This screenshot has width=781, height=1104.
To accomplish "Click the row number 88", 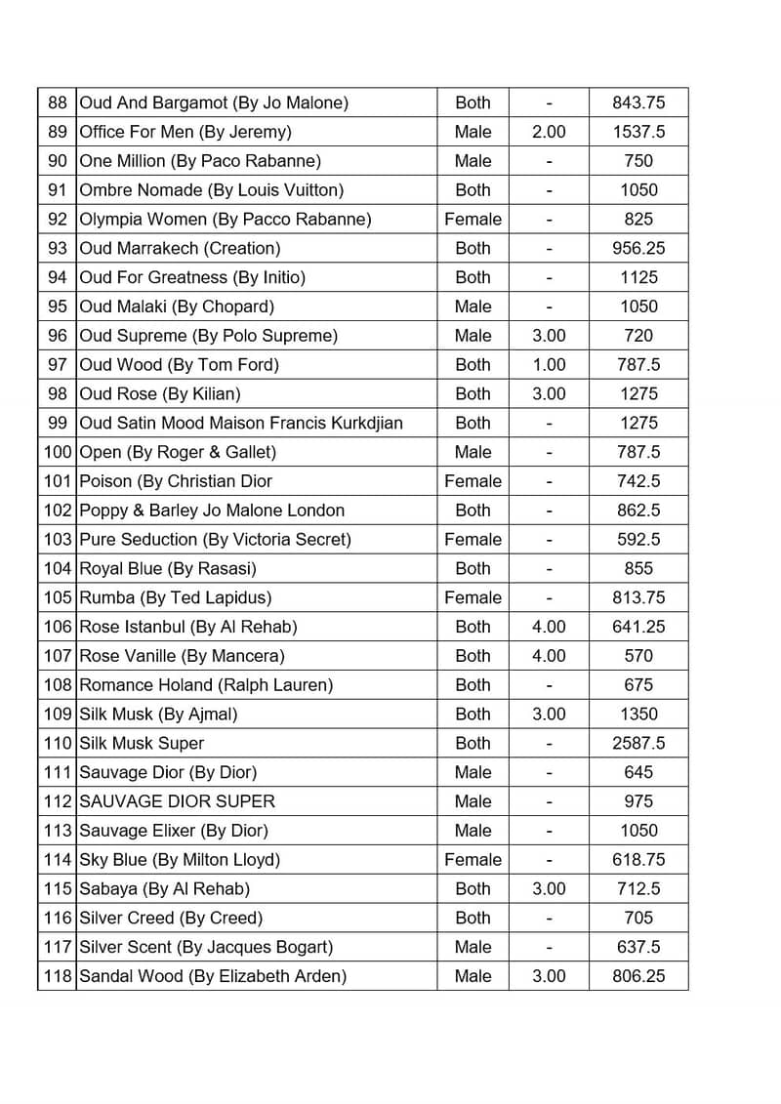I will pos(58,102).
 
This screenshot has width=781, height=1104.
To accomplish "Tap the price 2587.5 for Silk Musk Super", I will pos(638,743).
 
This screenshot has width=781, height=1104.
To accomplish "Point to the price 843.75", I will pos(638,102).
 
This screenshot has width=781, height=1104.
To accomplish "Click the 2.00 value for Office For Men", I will pos(549,132).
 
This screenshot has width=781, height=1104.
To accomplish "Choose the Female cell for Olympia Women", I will pos(473,219).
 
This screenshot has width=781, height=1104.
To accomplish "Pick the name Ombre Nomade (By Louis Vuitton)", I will pos(211,190).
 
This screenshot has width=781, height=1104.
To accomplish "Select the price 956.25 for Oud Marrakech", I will pos(638,248).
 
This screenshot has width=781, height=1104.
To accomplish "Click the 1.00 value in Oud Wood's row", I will pos(549,365).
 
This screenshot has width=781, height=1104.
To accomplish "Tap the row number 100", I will pos(58,452).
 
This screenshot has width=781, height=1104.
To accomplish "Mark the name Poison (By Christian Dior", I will pos(176,481).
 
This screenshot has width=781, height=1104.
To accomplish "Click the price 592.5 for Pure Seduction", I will pos(638,539).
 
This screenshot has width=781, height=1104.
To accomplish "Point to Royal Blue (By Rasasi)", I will pos(167,568).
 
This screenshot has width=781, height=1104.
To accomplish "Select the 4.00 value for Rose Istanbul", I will pos(549,627).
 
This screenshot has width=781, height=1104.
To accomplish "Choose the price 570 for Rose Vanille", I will pos(638,656).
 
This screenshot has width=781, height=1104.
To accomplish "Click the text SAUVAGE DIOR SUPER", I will pos(177,801).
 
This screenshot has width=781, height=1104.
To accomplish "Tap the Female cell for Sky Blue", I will pos(473,860).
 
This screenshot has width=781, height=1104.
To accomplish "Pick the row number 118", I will pos(58,976).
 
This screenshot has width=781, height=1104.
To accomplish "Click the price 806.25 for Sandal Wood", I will pos(638,976).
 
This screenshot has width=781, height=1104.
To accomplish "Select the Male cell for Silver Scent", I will pos(473,947).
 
